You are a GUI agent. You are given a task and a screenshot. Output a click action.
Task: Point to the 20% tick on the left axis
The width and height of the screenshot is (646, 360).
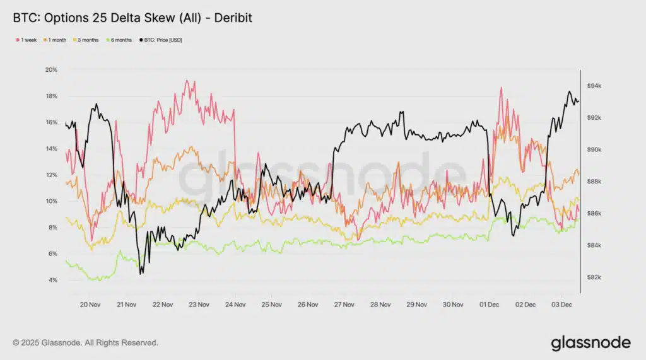[x=50, y=69]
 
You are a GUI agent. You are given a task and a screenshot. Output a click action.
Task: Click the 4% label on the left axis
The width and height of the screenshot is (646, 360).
[x=52, y=280]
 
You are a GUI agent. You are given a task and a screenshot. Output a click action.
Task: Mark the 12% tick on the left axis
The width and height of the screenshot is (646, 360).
[x=50, y=175]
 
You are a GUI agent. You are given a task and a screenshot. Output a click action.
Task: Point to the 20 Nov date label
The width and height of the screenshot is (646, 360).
[x=90, y=305]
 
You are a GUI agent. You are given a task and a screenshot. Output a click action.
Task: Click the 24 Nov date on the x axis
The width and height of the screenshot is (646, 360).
[x=235, y=305]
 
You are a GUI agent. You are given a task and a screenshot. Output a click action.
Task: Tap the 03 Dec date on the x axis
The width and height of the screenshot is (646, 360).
[x=561, y=305]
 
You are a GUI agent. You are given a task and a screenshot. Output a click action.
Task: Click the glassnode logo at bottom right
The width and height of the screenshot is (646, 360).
[x=590, y=342]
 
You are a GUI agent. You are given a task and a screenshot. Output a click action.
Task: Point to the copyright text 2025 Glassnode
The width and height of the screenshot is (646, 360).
[x=85, y=343]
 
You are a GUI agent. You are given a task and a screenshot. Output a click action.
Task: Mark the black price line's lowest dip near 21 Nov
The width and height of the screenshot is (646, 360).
[x=141, y=273]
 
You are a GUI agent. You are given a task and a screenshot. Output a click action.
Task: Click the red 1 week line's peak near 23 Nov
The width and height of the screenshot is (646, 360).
[x=185, y=81]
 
